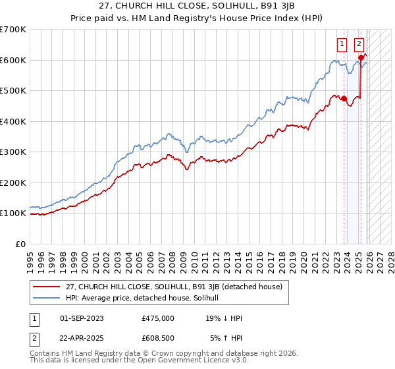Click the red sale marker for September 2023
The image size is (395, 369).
[344, 99]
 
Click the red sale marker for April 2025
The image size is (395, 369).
[361, 58]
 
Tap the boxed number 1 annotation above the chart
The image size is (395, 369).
[342, 44]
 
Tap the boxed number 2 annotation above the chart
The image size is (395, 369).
[359, 44]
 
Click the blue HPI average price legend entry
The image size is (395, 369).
[145, 298]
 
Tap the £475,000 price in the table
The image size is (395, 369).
[157, 318]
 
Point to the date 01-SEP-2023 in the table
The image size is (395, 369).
[82, 318]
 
